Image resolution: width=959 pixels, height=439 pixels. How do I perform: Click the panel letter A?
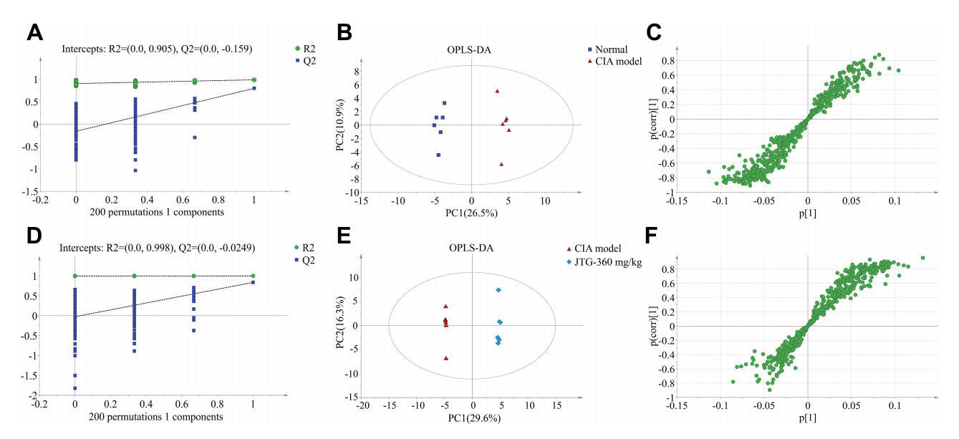tap(37, 33)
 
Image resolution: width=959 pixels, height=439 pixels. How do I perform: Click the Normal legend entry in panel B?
tap(607, 49)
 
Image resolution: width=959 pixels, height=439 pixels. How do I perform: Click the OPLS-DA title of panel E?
tap(472, 249)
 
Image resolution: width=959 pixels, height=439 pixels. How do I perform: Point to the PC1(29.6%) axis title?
tap(473, 418)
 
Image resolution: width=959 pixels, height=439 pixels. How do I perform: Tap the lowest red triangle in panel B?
tap(501, 164)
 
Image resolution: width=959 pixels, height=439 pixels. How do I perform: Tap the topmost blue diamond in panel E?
tap(498, 289)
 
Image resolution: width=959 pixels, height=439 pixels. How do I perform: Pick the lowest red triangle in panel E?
tap(446, 358)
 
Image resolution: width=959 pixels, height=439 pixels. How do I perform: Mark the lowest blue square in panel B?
tap(438, 155)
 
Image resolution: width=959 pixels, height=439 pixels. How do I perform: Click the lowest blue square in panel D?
tap(75, 388)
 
